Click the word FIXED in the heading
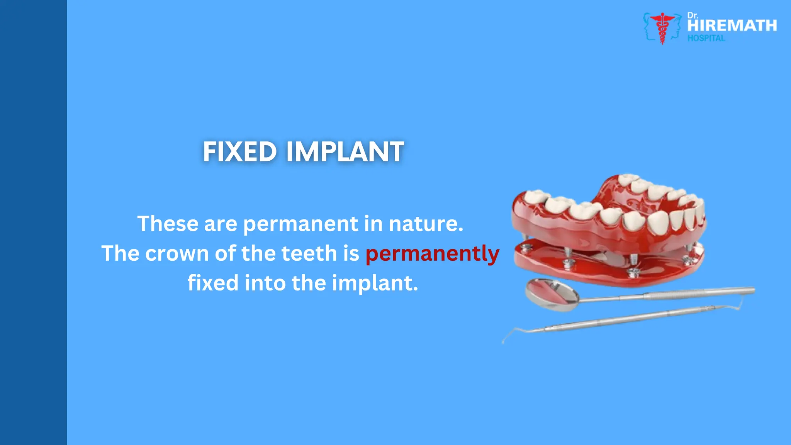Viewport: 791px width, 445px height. coord(239,151)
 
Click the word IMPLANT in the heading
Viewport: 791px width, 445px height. coord(345,151)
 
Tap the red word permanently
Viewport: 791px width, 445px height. coord(432,254)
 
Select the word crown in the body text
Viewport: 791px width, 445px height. coord(177,254)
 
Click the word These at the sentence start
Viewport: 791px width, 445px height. coord(168,224)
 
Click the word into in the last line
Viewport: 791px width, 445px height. coord(265,283)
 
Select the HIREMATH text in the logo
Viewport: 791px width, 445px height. coord(732,26)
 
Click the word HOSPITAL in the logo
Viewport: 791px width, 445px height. coord(706,38)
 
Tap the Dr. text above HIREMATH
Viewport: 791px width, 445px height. coord(692,16)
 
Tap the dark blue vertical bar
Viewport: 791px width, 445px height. coord(33,222)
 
